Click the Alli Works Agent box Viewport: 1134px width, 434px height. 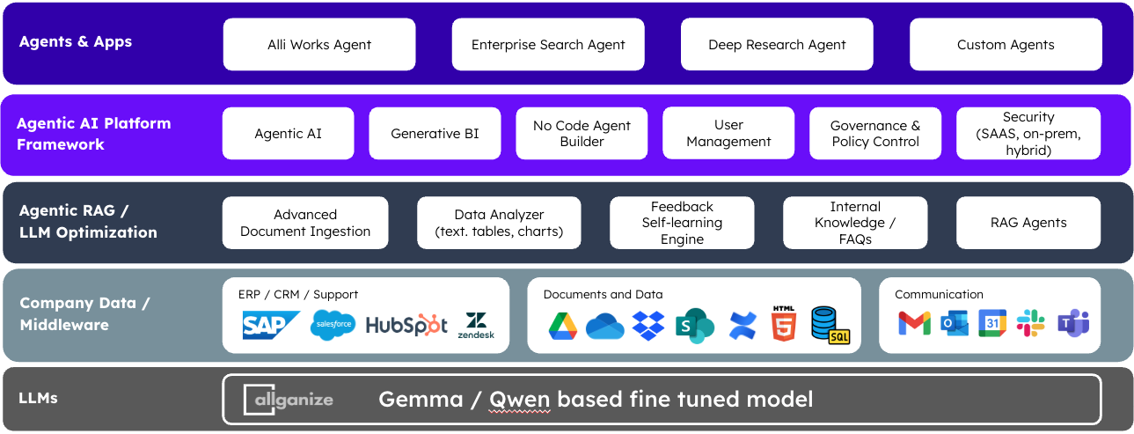(319, 45)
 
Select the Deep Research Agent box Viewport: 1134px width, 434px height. (777, 45)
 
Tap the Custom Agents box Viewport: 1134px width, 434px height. (1006, 45)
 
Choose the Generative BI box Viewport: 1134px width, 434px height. (435, 134)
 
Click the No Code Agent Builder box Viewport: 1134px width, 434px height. (582, 134)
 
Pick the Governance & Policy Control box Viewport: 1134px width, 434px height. (874, 134)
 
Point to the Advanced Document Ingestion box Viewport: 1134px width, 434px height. (305, 223)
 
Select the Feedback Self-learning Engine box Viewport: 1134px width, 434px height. (682, 223)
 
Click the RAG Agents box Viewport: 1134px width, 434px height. (1028, 223)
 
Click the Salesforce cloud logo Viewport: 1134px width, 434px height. (333, 326)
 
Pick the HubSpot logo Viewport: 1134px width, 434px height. (406, 325)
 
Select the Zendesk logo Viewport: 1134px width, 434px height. (476, 326)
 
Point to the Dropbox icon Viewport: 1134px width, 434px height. (648, 326)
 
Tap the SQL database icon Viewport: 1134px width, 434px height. (830, 325)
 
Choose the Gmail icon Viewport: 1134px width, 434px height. (914, 324)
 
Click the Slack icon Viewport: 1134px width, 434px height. (1030, 323)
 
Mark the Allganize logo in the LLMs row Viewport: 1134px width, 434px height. (289, 400)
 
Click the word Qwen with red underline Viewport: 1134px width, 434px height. (519, 400)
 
